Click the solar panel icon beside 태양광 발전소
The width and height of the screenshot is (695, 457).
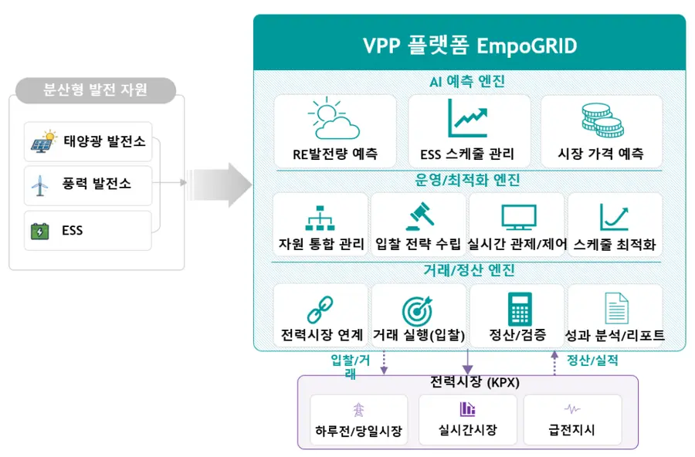[x=43, y=141]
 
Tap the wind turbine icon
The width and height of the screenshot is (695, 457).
[x=40, y=185]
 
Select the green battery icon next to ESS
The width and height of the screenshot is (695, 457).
[x=40, y=231]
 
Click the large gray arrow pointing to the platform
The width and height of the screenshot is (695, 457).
[x=219, y=184]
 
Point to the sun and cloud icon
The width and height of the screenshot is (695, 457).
[x=334, y=118]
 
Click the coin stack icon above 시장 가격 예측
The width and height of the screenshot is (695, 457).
[x=602, y=120]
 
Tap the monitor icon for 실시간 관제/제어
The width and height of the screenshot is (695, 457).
[x=519, y=217]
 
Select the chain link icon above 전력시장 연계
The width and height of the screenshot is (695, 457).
[x=320, y=310]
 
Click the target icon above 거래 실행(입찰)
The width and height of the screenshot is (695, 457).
[x=417, y=310]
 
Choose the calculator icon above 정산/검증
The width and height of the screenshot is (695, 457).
[x=520, y=309]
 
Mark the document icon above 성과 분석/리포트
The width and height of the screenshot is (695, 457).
[x=616, y=309]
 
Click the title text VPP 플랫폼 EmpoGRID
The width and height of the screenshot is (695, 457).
[x=470, y=46]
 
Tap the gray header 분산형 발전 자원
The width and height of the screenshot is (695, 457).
[x=95, y=90]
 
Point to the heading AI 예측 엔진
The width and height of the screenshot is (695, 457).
[x=467, y=82]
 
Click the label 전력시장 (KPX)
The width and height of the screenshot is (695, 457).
[x=475, y=381]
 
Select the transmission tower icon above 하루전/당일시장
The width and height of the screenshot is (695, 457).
[x=358, y=410]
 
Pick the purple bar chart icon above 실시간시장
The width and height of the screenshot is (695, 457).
[x=468, y=408]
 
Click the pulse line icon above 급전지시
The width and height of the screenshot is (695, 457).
[x=572, y=408]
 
